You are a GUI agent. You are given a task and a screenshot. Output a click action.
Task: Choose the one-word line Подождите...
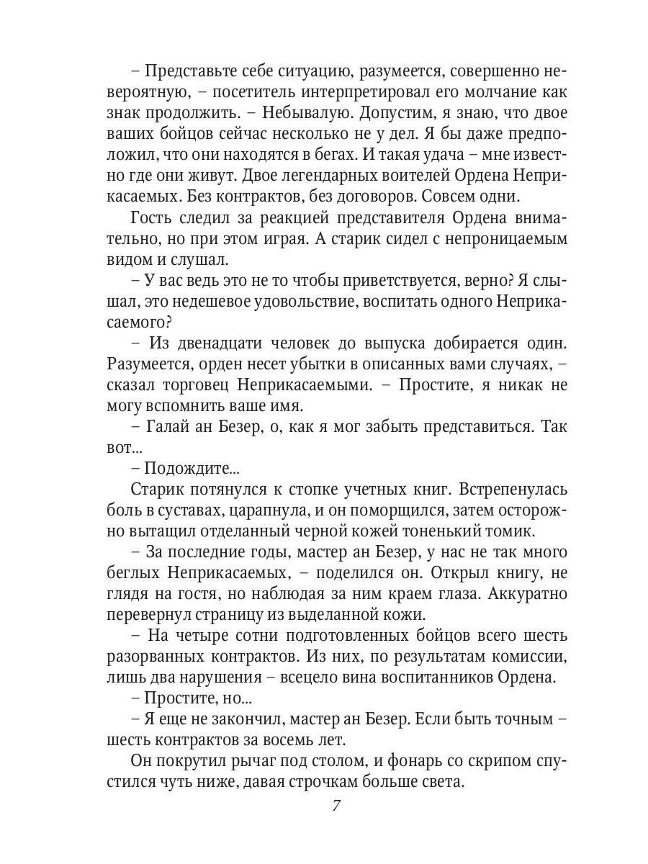click(191, 469)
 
